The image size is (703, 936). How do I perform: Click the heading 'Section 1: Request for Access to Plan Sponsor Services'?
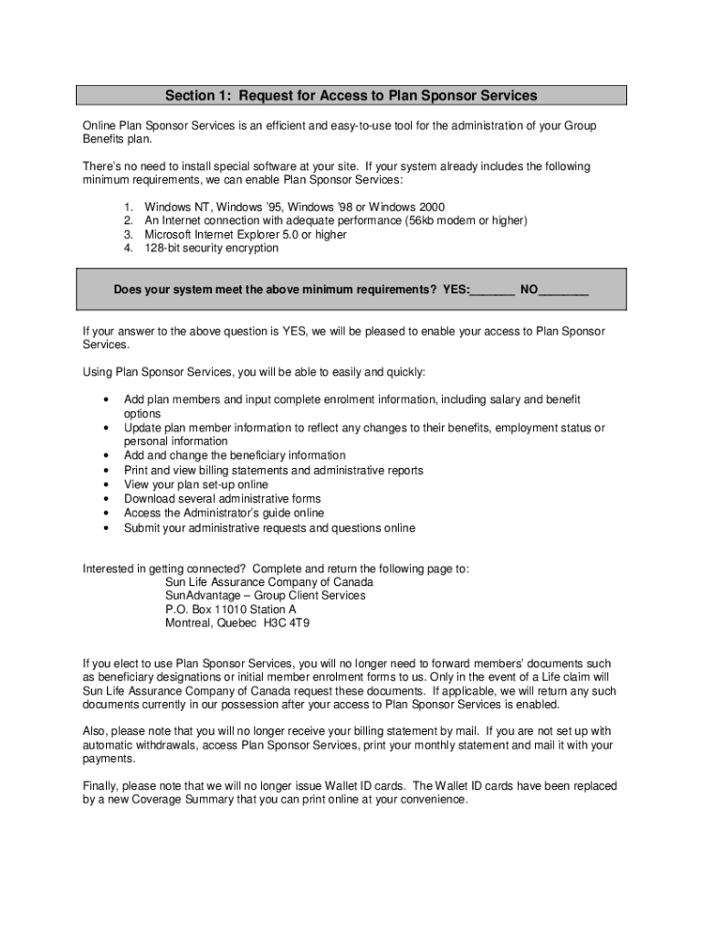pyautogui.click(x=351, y=96)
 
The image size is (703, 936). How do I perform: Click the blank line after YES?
pyautogui.click(x=493, y=292)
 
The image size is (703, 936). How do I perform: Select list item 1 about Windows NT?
pyautogui.click(x=294, y=207)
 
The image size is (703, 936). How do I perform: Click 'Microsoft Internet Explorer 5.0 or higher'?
pyautogui.click(x=245, y=235)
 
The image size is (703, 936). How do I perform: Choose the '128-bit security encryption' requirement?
pyautogui.click(x=211, y=249)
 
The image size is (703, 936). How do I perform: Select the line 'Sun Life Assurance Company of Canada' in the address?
pyautogui.click(x=268, y=582)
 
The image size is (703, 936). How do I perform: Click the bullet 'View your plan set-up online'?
pyautogui.click(x=196, y=484)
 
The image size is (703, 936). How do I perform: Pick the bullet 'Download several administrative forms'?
pyautogui.click(x=223, y=499)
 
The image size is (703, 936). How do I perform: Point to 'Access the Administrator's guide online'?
pyautogui.click(x=224, y=514)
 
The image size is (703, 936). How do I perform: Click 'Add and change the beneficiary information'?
pyautogui.click(x=235, y=455)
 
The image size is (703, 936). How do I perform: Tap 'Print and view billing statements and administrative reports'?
pyautogui.click(x=274, y=470)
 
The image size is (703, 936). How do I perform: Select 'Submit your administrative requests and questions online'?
pyautogui.click(x=269, y=528)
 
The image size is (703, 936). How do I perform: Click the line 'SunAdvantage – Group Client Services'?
pyautogui.click(x=265, y=596)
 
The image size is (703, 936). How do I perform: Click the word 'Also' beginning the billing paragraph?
pyautogui.click(x=94, y=731)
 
